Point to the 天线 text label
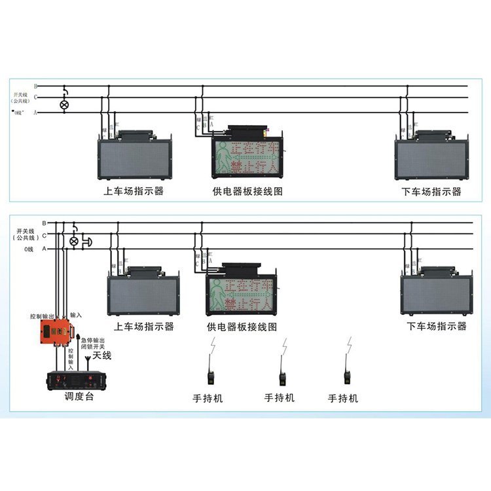(x=102, y=355)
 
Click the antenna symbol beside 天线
(x=87, y=362)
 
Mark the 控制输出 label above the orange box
(x=43, y=316)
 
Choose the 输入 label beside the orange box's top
(x=77, y=316)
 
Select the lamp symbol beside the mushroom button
(x=74, y=242)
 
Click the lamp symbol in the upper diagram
(x=64, y=104)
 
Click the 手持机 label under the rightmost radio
(x=343, y=397)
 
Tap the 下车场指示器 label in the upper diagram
(x=431, y=192)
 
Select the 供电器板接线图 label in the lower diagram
(x=242, y=326)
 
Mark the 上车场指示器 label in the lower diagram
(x=144, y=326)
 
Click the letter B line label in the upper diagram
(x=36, y=86)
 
